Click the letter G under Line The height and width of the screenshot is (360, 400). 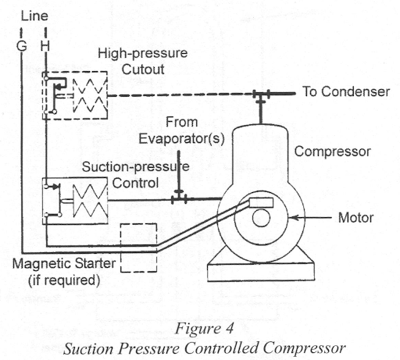click(22, 47)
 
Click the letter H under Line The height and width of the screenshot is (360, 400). click(46, 47)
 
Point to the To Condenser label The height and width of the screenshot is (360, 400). click(345, 92)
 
